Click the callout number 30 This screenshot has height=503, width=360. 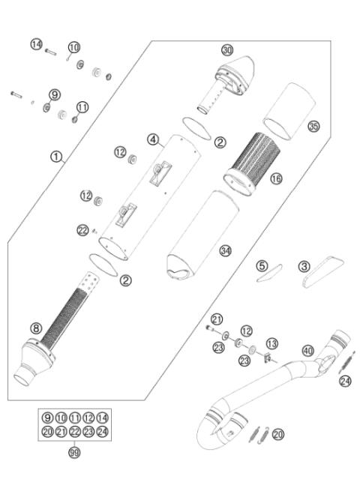tap(228, 49)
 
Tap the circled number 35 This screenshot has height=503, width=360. tap(313, 127)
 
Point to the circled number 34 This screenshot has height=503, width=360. tap(225, 250)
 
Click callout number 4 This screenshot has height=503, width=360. tap(153, 139)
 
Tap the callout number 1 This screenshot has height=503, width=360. tap(56, 157)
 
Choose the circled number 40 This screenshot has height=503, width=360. tap(307, 349)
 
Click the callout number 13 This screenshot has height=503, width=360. tap(271, 343)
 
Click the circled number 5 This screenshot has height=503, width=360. tap(261, 265)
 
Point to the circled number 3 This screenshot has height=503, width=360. tap(304, 265)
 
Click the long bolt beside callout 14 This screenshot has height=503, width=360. tap(51, 51)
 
